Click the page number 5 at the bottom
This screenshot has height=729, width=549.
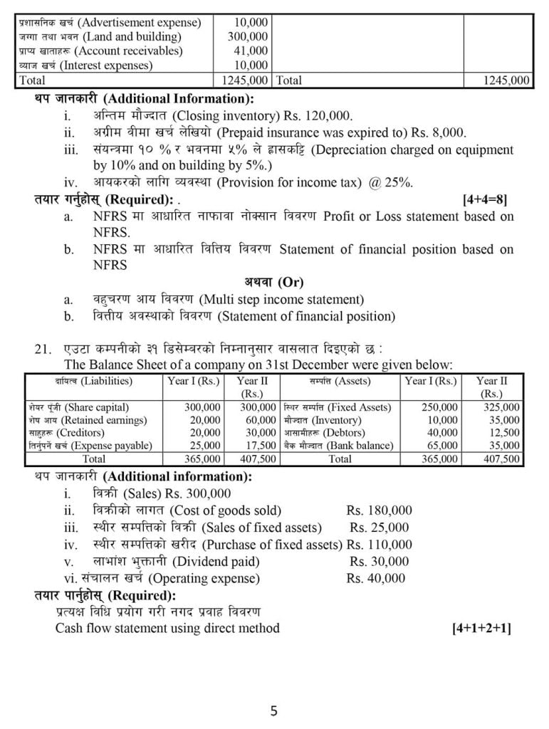[x=274, y=710]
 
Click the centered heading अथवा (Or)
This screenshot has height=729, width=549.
[x=274, y=282]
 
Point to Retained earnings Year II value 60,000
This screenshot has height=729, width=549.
[x=260, y=420]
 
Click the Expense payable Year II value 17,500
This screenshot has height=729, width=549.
[x=260, y=446]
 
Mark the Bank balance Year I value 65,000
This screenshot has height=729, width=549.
[x=442, y=446]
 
